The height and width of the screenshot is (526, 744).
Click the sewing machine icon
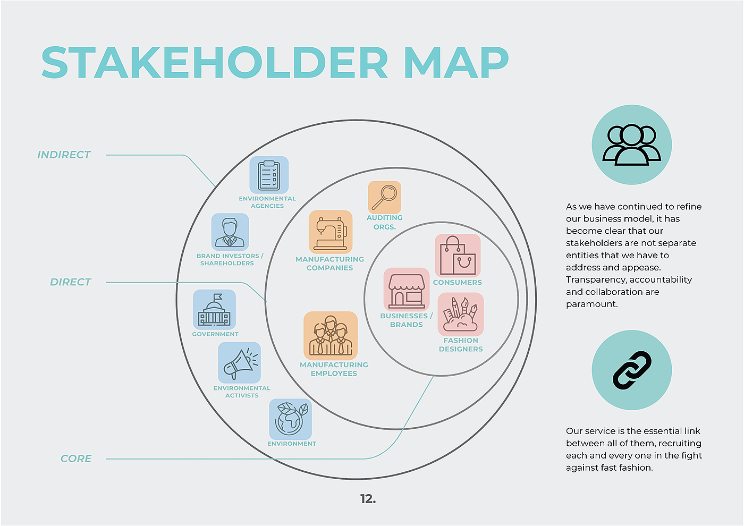(x=331, y=232)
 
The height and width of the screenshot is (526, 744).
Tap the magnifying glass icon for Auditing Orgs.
(x=385, y=197)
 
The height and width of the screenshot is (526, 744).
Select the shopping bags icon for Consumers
(x=458, y=256)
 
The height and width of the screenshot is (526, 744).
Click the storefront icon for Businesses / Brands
(x=407, y=289)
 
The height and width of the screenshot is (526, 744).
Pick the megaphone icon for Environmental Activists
(x=240, y=363)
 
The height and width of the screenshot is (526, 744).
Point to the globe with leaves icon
(x=291, y=419)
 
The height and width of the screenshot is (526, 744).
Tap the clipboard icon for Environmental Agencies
(x=269, y=175)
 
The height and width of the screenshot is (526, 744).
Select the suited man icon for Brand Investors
(x=230, y=232)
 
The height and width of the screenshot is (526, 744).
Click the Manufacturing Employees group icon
(x=331, y=336)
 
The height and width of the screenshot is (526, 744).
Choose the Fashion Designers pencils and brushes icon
(x=461, y=315)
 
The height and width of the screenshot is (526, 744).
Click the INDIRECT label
(x=64, y=155)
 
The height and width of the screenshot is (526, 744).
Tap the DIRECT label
(x=71, y=282)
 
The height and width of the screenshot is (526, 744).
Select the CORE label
(x=76, y=459)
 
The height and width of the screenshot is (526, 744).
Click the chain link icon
(x=632, y=370)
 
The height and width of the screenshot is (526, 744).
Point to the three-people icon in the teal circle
(x=632, y=145)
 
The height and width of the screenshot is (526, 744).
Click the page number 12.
(x=368, y=499)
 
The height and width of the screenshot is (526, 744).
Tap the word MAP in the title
(x=456, y=63)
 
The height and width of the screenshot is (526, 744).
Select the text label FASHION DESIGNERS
(x=461, y=345)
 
